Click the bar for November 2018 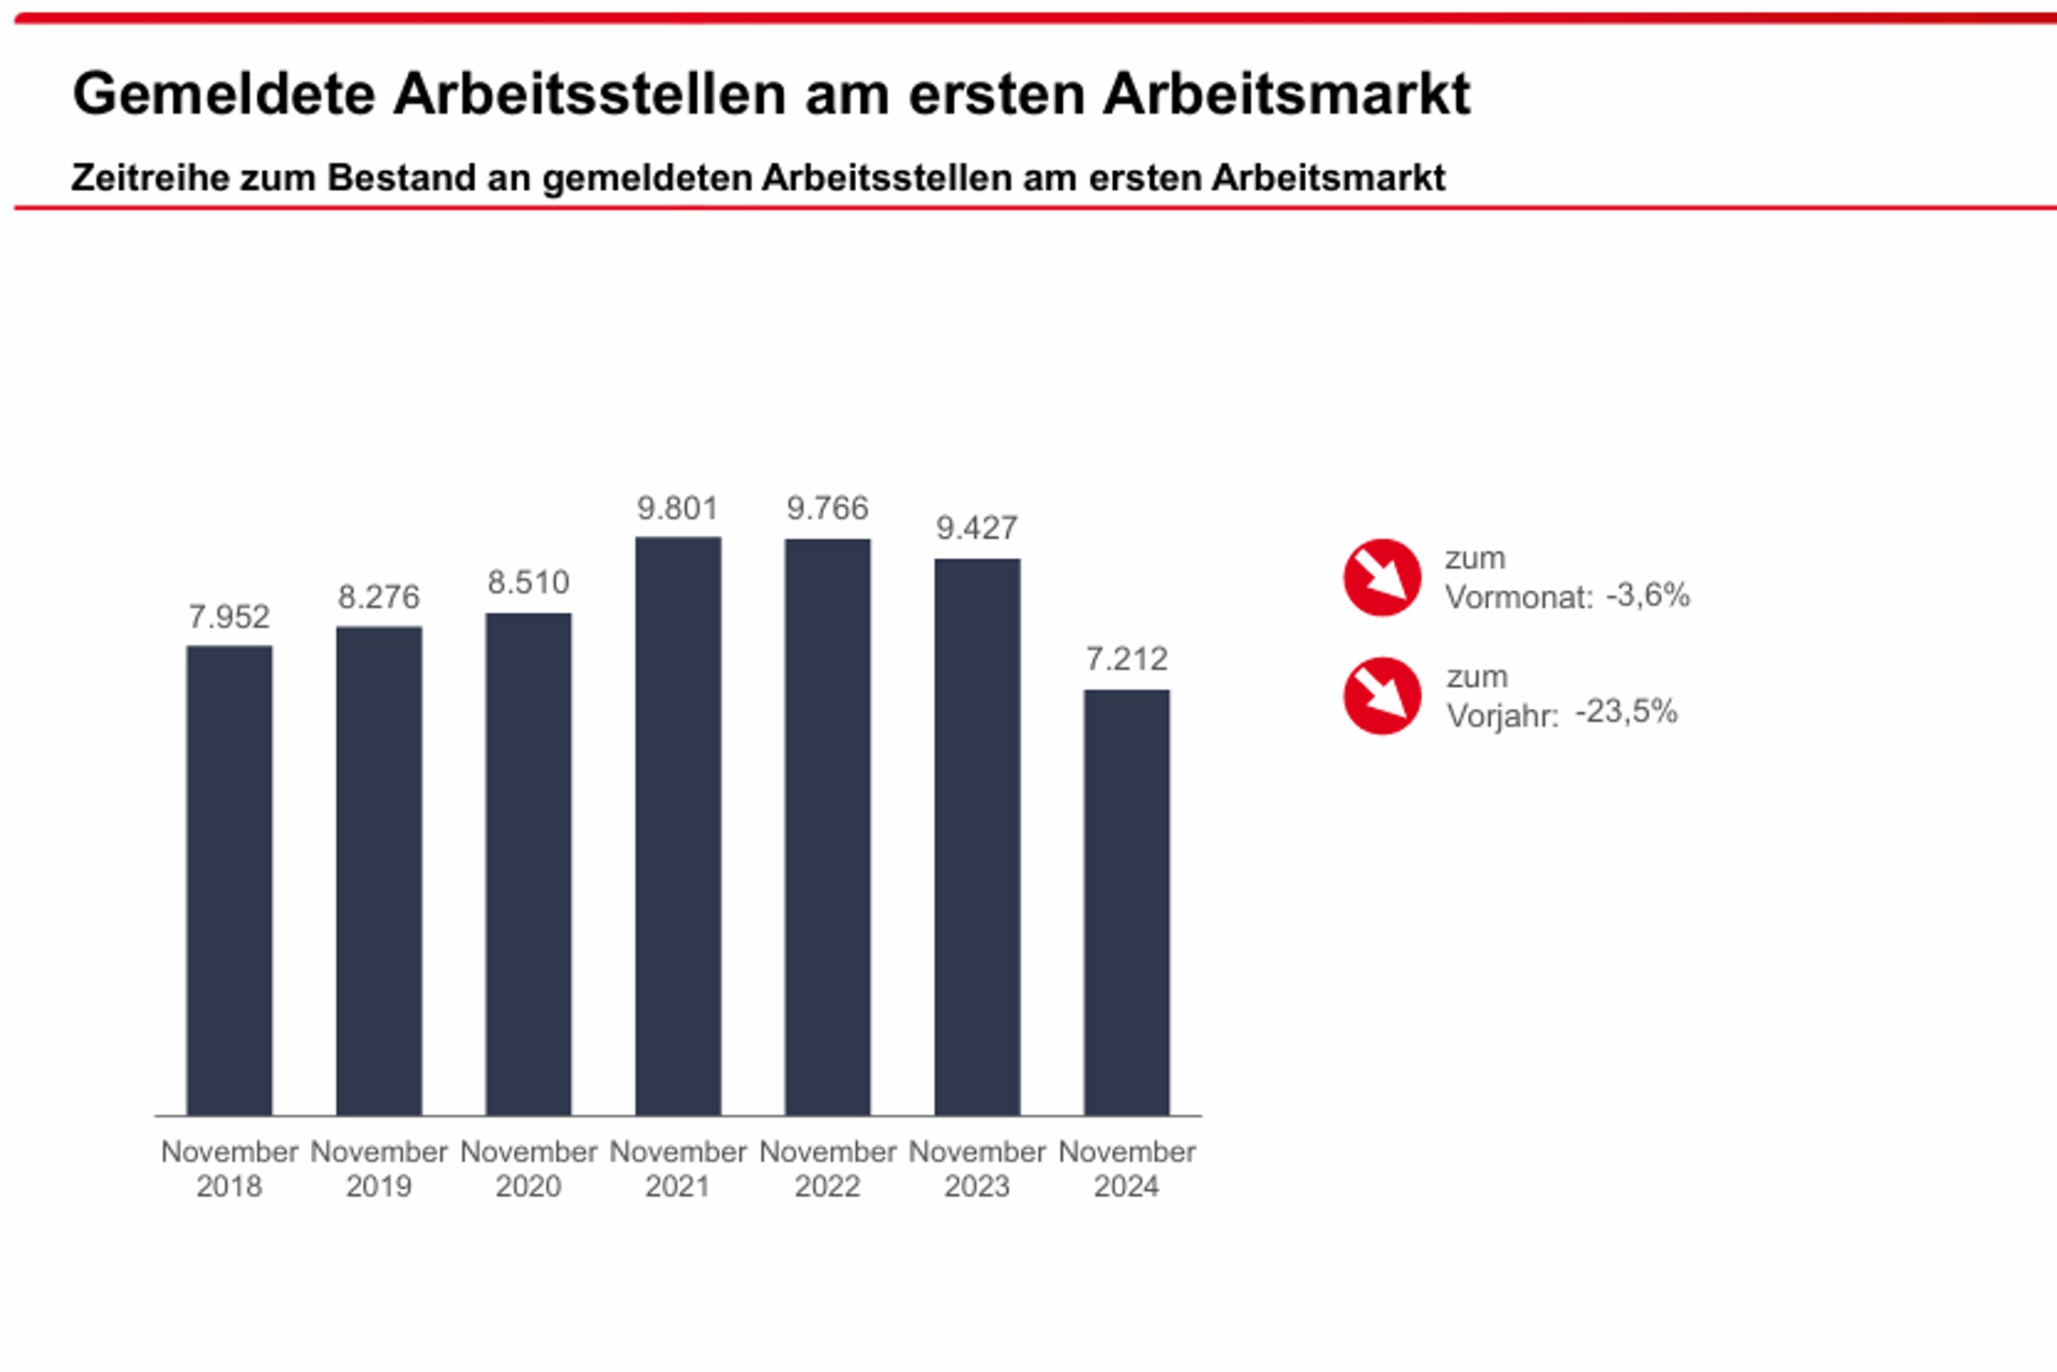(x=229, y=880)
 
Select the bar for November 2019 (x=379, y=870)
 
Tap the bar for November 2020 (x=529, y=863)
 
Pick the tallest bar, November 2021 (x=678, y=825)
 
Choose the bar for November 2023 (x=977, y=836)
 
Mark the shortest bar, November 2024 (x=1127, y=902)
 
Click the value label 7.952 (x=229, y=617)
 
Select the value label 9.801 (x=678, y=509)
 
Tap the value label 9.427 (x=977, y=529)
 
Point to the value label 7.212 (x=1127, y=659)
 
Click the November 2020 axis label (x=529, y=1169)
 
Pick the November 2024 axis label (x=1127, y=1169)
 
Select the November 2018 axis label (x=229, y=1169)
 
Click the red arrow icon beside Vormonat (x=1382, y=577)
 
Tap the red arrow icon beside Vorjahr (x=1382, y=695)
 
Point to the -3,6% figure (x=1648, y=595)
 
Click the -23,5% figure (x=1626, y=712)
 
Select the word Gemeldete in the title (x=224, y=94)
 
